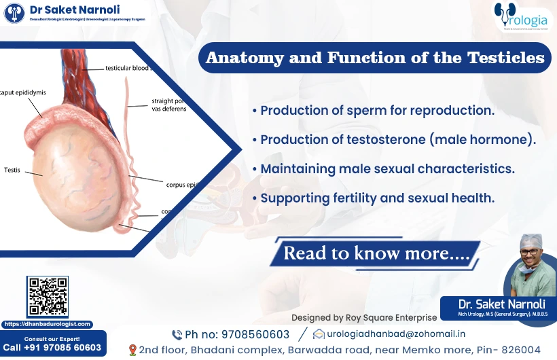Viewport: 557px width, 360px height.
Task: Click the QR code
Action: [48, 297]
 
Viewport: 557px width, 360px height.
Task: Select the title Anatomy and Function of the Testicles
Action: [375, 58]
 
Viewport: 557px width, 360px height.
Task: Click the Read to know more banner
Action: [374, 253]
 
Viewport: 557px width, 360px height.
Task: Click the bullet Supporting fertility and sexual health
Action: [374, 198]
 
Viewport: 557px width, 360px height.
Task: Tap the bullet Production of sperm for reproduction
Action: [373, 110]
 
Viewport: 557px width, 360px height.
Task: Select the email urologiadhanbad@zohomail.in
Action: [396, 334]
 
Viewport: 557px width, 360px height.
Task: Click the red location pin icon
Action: [132, 350]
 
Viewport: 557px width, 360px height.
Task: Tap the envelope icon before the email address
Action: [319, 334]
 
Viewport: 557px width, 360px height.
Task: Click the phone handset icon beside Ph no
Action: [177, 335]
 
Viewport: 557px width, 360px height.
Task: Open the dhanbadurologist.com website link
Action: [48, 324]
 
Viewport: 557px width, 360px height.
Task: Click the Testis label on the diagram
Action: [13, 170]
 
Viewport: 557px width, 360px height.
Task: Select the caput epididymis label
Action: [23, 92]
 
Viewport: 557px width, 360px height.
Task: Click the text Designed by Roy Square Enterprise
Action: [364, 317]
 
